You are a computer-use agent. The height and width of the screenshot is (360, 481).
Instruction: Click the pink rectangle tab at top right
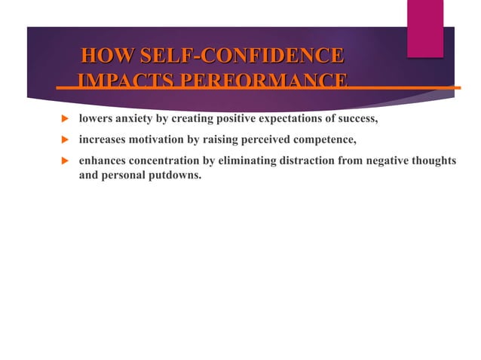tap(424, 28)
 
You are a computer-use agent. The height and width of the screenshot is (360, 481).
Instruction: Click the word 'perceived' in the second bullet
tap(260, 139)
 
